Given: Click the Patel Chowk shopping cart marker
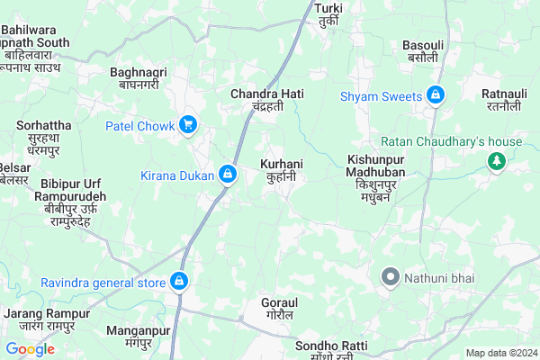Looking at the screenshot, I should pos(188,124).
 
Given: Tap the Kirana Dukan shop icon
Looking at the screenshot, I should pos(229,174).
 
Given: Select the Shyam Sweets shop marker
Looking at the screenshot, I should pos(436,94).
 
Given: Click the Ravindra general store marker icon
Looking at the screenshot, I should pos(179,283).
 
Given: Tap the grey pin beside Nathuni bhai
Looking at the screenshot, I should pos(390,276).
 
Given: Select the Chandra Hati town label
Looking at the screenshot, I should pos(267,100).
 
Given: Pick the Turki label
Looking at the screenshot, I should pos(328,13).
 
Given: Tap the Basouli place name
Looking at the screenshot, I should pos(423,50).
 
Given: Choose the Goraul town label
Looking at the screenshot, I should pos(278,309).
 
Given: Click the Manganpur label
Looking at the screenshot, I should pos(138,337).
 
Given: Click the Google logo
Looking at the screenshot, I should pos(30,349).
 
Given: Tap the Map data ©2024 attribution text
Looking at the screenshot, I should pos(500,353).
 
